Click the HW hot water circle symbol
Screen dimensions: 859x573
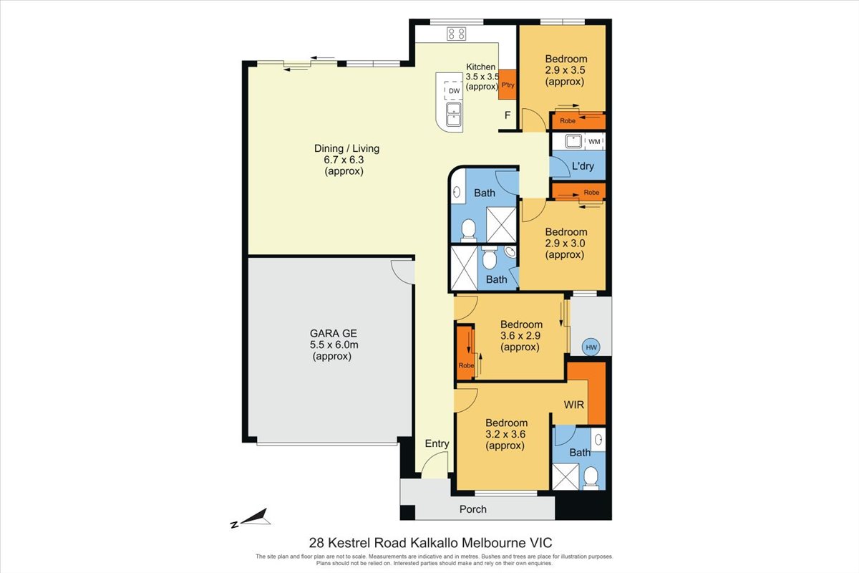tap(591, 347)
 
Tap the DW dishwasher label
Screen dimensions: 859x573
tap(454, 91)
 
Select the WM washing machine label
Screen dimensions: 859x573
tap(594, 142)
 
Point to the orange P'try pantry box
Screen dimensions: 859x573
tap(508, 85)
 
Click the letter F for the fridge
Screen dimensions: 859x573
tap(508, 115)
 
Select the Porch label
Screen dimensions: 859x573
tap(473, 509)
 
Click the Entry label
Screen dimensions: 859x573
tap(437, 443)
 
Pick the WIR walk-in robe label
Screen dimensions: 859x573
tap(573, 405)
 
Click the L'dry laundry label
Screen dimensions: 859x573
tap(583, 166)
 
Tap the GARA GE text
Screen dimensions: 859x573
tap(334, 333)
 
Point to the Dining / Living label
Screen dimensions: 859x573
tap(346, 148)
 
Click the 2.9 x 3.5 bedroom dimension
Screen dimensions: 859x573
tap(565, 70)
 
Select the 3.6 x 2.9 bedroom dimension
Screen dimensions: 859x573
tap(520, 336)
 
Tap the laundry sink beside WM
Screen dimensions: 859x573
tap(573, 141)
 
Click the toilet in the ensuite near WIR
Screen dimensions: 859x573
tap(591, 478)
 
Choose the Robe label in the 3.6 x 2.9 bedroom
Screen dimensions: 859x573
tap(466, 365)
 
